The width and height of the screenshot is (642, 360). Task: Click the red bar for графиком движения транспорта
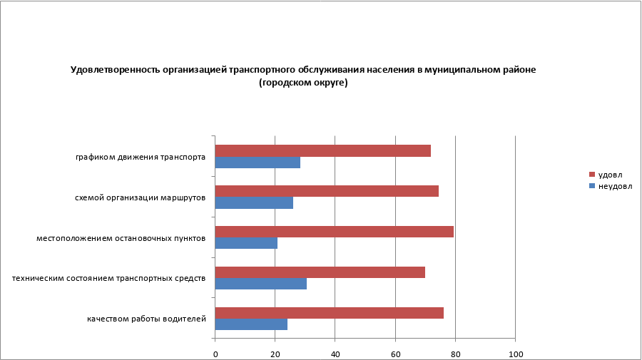coord(322,150)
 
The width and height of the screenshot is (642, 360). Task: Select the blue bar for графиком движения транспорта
coord(258,163)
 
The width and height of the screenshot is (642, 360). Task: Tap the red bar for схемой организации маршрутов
coord(327,191)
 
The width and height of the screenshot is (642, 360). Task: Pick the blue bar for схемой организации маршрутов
coord(254,203)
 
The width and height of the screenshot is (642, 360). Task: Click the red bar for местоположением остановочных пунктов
coord(334,232)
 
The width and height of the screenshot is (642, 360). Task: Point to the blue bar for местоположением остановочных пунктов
coord(246,243)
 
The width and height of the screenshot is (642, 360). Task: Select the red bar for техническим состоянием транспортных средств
coord(320,272)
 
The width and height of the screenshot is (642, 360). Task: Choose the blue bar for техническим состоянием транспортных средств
coord(261,284)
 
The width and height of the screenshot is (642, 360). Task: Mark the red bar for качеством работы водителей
coord(329,312)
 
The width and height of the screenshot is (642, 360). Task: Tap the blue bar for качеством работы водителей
coord(251,324)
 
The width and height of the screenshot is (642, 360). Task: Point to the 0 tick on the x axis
coord(215,354)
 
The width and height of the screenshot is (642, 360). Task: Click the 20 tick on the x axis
coord(275,354)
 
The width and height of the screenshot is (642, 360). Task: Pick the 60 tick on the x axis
coord(395,354)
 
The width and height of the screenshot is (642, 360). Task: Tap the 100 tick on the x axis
coord(514,354)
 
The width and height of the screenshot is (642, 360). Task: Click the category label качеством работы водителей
coord(146,318)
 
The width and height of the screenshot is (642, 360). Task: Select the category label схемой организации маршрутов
coord(140,197)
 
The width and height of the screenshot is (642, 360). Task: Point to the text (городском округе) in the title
coord(303,83)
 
